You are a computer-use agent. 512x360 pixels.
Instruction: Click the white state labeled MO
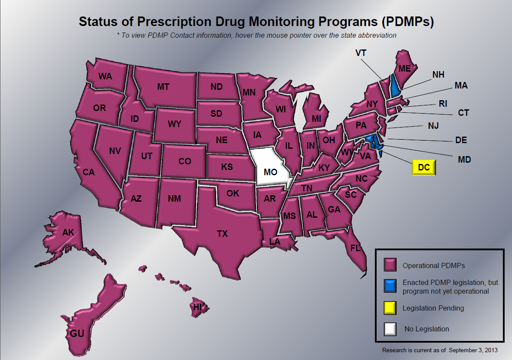tap(270, 169)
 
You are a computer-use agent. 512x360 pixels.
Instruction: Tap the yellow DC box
tap(423, 167)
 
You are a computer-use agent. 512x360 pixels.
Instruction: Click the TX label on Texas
tap(222, 234)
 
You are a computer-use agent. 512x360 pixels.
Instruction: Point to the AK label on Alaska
tap(68, 232)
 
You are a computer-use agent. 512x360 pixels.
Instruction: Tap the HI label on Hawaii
tap(198, 307)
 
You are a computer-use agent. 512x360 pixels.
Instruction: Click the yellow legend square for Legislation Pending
tap(390, 308)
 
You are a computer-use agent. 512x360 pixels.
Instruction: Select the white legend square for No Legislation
tap(390, 329)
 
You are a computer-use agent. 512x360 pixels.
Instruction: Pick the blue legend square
tap(390, 286)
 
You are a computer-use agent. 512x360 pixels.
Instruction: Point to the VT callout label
tap(361, 53)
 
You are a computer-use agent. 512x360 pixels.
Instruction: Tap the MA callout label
tap(461, 86)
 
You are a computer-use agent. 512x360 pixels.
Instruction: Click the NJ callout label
tap(433, 126)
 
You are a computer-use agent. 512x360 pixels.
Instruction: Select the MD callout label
tap(464, 160)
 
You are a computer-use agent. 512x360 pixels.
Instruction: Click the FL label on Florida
tap(355, 248)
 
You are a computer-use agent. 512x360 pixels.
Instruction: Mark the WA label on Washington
tap(105, 76)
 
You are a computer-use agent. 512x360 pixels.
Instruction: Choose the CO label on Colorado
tap(185, 161)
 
